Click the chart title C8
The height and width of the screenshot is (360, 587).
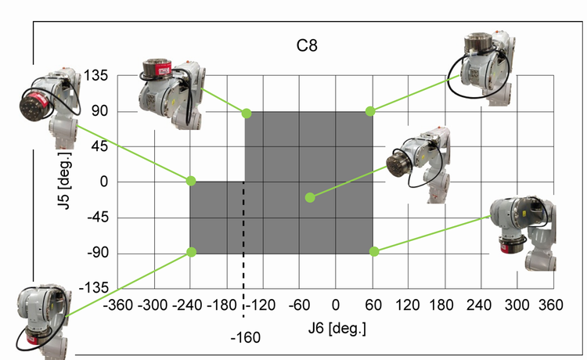point(307,45)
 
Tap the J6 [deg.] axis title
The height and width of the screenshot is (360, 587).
point(337,328)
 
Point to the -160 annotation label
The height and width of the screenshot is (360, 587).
point(245,337)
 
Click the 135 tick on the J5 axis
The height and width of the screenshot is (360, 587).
point(95,76)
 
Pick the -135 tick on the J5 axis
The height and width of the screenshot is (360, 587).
point(94,288)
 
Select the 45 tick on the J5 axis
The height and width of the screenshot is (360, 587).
point(99,146)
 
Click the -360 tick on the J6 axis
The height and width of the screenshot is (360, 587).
point(118,305)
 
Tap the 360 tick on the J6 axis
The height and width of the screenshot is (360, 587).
point(551,305)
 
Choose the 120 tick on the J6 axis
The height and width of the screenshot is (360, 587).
point(407,305)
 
